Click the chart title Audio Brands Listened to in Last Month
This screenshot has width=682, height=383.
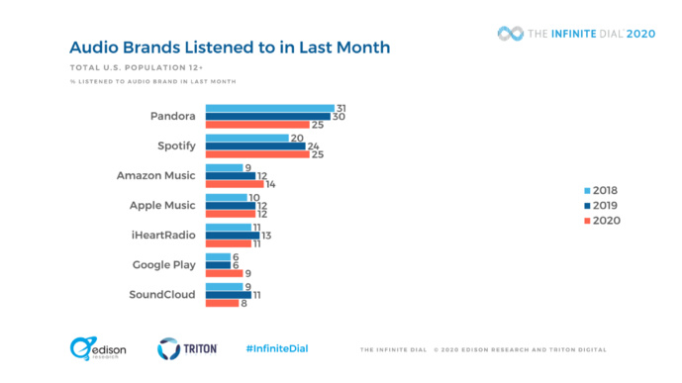point(229,48)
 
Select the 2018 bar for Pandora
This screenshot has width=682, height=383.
point(269,108)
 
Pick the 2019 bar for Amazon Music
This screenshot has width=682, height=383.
point(230,176)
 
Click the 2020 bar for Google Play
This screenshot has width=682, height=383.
point(224,272)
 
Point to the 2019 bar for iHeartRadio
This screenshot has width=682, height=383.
point(232,235)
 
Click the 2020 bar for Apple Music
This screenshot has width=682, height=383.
point(230,214)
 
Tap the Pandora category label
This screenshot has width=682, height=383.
point(172,116)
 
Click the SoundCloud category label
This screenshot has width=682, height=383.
point(162,294)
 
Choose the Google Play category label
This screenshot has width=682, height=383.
point(163,264)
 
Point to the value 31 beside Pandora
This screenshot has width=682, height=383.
point(341,108)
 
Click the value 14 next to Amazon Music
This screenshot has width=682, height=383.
point(271,184)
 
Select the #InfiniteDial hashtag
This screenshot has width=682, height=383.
point(276,348)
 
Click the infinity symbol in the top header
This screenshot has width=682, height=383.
point(512,33)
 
